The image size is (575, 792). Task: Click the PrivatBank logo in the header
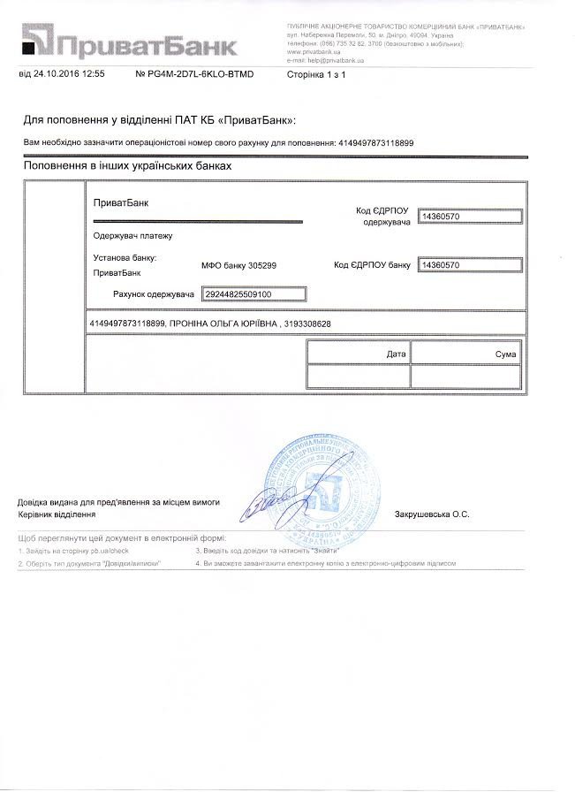tap(129, 41)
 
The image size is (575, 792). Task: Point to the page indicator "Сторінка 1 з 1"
tap(316, 74)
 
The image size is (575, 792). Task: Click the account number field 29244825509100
tap(254, 293)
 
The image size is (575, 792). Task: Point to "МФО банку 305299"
tap(239, 265)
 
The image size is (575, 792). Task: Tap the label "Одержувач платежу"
tap(133, 236)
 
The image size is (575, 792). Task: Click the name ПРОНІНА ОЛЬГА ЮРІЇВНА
tap(222, 324)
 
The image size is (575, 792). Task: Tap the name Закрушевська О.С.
tap(432, 514)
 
